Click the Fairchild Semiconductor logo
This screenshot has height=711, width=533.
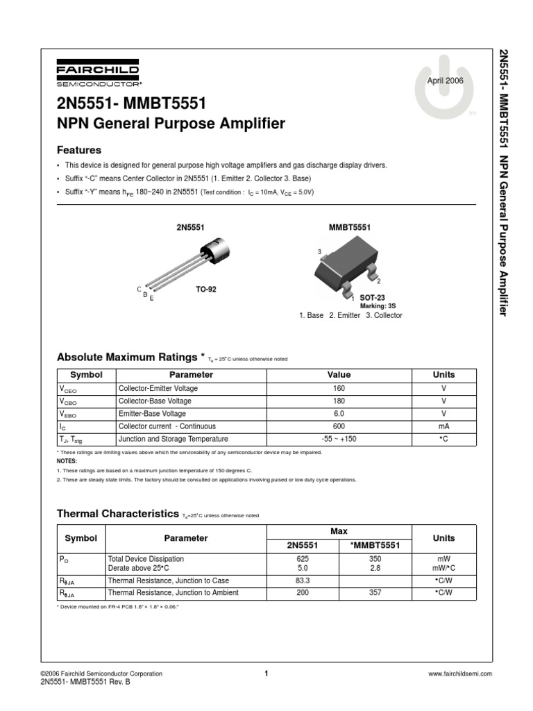[98, 75]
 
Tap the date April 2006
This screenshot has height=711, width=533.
[445, 81]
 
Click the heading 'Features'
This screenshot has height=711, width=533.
[78, 150]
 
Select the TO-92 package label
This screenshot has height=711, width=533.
[205, 289]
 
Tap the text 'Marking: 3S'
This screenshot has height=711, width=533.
[377, 306]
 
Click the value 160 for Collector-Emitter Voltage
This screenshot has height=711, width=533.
[339, 389]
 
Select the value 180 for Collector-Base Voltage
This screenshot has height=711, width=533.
[339, 401]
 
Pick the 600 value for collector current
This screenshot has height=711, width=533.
[339, 426]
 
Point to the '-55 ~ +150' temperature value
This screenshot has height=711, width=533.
[339, 439]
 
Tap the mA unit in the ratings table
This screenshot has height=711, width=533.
[443, 426]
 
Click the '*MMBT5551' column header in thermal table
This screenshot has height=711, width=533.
[376, 545]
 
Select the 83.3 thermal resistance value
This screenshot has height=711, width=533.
[303, 580]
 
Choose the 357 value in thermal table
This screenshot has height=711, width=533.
[376, 593]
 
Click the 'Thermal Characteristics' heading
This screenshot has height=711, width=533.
[117, 514]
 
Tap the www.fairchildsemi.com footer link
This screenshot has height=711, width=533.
[460, 674]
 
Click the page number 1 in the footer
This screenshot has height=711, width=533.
[266, 673]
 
